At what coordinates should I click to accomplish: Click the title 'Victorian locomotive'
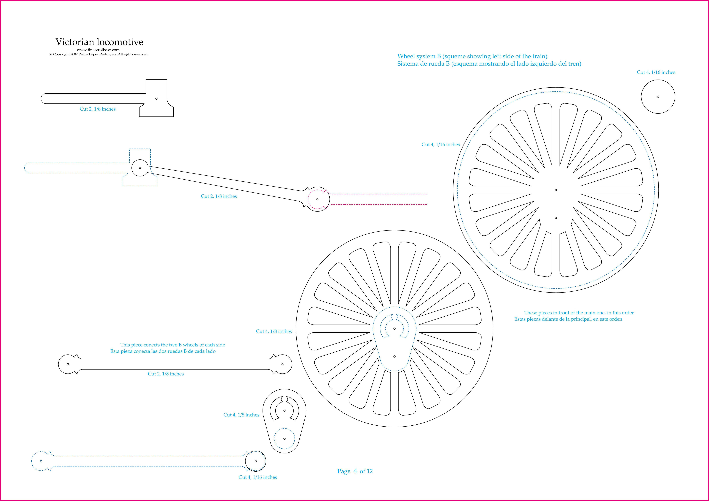pos(99,42)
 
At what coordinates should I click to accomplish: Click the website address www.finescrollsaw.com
pos(98,50)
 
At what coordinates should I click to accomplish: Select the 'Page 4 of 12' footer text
pos(355,471)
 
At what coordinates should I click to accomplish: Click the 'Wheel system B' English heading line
pos(472,56)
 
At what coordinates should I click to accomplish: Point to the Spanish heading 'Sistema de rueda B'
pos(489,64)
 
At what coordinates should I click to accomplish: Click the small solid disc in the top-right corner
pos(658,97)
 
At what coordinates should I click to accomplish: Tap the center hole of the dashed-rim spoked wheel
pos(556,190)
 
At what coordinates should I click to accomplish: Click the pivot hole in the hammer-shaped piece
pos(156,99)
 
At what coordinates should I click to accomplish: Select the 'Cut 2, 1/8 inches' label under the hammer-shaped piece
pos(98,109)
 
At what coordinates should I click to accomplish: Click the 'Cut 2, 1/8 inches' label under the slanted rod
pos(219,196)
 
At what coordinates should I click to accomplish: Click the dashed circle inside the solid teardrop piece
pos(274,438)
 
